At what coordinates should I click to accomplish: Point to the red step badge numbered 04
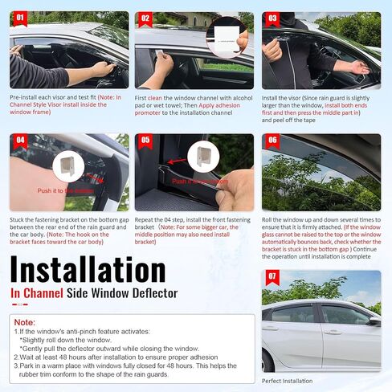coord(20,139)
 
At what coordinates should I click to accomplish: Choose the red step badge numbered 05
coord(145,139)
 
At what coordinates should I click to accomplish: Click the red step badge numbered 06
coord(272,139)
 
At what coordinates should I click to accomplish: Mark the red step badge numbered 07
coord(272,276)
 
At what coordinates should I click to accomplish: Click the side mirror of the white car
coord(374,321)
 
